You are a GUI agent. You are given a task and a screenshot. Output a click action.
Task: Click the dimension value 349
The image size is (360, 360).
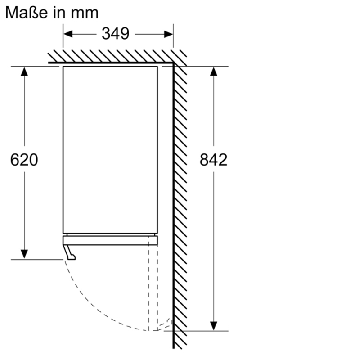pos(116,34)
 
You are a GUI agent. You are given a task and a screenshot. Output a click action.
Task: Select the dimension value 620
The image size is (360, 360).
pos(24,160)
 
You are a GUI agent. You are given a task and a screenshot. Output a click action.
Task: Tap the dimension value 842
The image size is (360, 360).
pos(213,160)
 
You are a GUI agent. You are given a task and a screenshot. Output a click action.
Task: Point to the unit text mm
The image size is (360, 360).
pos(85,13)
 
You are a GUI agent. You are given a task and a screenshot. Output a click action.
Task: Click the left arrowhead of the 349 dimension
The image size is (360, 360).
pos(68,35)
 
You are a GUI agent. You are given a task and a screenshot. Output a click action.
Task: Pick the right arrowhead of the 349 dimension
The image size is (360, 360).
pos(168,35)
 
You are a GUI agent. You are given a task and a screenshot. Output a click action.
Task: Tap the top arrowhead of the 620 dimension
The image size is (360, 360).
pos(24,72)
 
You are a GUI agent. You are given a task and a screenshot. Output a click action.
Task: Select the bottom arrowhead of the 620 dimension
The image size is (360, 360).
pos(24,254)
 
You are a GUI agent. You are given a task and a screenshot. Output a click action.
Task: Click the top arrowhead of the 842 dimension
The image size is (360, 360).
pos(213,72)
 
